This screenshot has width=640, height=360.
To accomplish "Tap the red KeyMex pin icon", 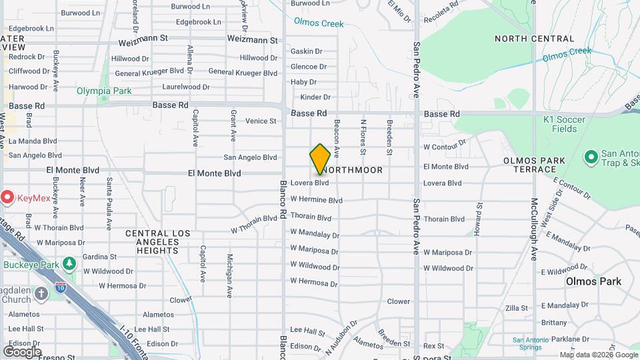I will [x=7, y=197].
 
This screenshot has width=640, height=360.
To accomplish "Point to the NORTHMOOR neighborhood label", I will [x=355, y=170].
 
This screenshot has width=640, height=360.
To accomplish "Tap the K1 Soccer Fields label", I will [x=564, y=123].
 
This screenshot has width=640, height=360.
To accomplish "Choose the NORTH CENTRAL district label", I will [x=531, y=39].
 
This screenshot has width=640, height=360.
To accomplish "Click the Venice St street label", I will [x=261, y=121].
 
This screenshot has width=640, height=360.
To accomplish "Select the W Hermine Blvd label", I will [x=316, y=200].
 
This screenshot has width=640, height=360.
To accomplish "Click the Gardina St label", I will [x=99, y=257].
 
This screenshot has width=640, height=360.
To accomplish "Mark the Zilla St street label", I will [x=517, y=308].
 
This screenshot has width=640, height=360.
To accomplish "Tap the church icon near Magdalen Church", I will [x=41, y=294].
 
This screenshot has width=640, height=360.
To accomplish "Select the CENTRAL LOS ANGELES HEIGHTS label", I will [x=157, y=242].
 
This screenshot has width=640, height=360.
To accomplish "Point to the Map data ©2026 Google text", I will [x=598, y=355].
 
